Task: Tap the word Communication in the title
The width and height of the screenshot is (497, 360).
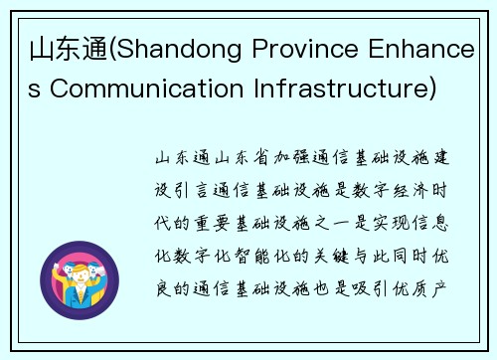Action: (x=125, y=90)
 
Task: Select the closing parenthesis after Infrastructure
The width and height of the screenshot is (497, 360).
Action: (x=430, y=90)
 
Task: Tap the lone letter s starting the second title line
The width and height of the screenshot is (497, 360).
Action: (x=33, y=90)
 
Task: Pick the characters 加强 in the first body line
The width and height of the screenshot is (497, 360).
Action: (x=285, y=158)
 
